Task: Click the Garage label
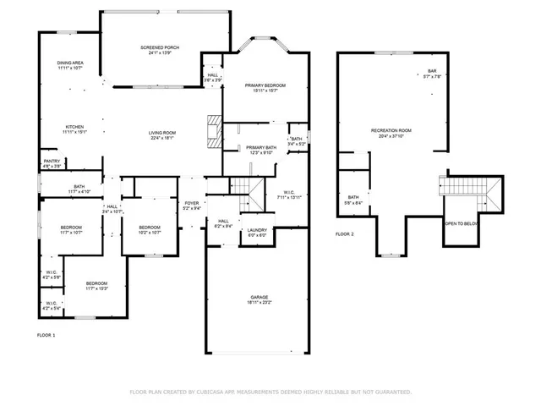point(259,299)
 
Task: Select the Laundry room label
point(257,232)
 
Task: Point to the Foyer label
point(193,204)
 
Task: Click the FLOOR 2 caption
point(344,233)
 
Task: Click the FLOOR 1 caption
point(46,336)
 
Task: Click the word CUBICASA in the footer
point(214,392)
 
